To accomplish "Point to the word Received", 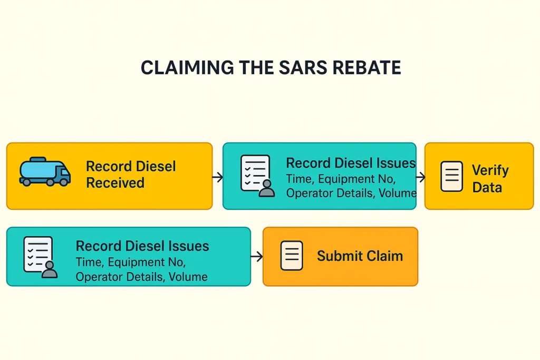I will [x=115, y=183].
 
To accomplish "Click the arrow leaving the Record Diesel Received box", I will [x=217, y=177].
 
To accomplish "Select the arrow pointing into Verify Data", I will [x=420, y=177].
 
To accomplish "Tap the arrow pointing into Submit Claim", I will [x=257, y=257].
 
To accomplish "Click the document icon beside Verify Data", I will [x=451, y=176].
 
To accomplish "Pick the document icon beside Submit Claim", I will [x=292, y=256].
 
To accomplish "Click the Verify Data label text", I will [x=490, y=179].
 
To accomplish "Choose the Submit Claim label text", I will [x=360, y=256].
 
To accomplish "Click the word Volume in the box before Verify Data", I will [x=398, y=193].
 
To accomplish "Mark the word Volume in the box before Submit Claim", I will [x=188, y=277].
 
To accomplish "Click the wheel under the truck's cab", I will [x=63, y=182].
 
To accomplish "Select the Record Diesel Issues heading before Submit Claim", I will [x=142, y=246].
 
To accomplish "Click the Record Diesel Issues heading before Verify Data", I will [x=351, y=163].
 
